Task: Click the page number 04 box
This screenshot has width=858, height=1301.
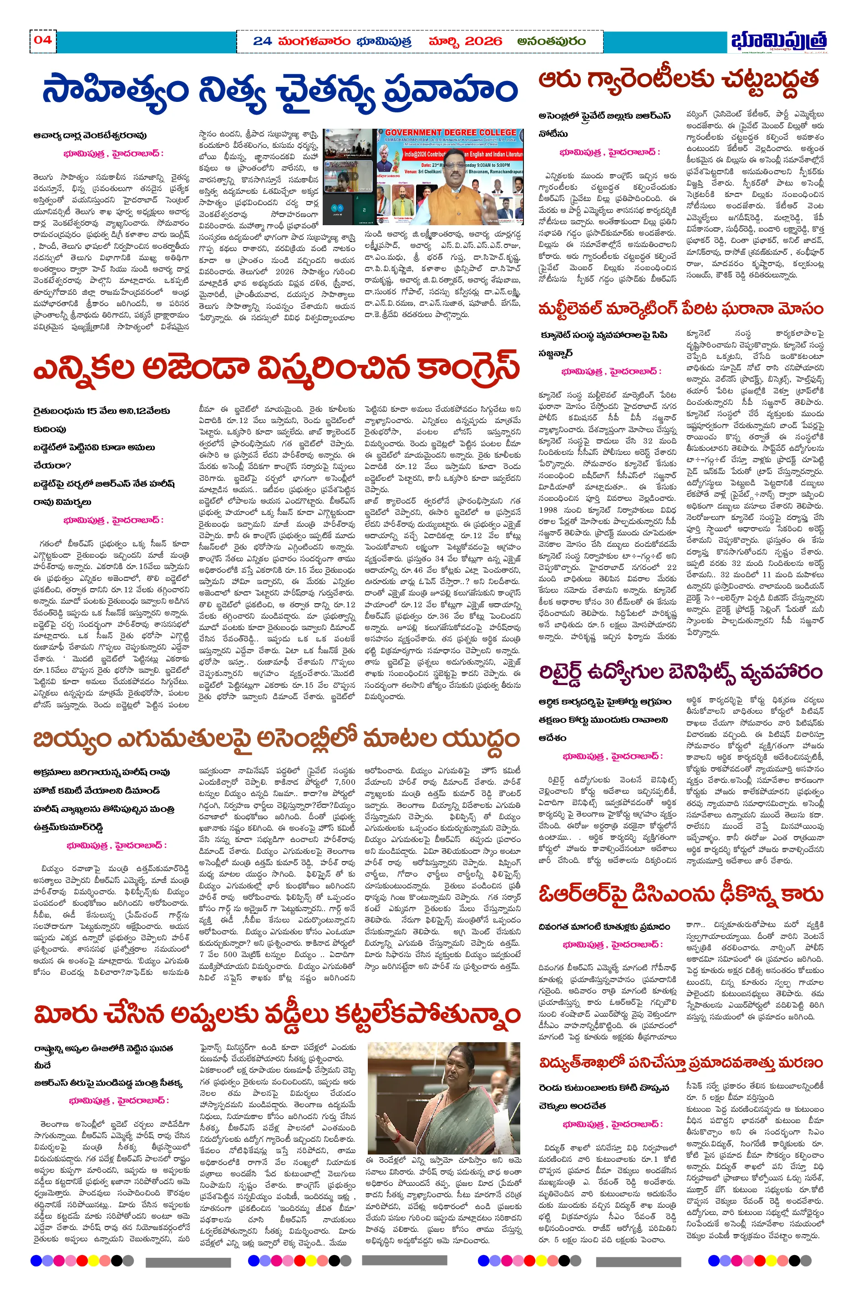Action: tap(43, 40)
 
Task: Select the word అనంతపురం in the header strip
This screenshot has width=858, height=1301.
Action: tap(551, 41)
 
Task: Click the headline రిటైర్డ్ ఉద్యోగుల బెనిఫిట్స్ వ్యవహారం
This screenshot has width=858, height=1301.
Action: tap(680, 671)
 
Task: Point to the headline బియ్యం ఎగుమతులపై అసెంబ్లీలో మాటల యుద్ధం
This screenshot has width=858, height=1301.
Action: tap(276, 739)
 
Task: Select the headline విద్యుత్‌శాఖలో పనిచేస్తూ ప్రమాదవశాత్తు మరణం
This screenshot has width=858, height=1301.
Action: tap(680, 1063)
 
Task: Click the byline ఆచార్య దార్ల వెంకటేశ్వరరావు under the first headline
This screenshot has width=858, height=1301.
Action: tap(90, 135)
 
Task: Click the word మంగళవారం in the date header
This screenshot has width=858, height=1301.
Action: tap(314, 41)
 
